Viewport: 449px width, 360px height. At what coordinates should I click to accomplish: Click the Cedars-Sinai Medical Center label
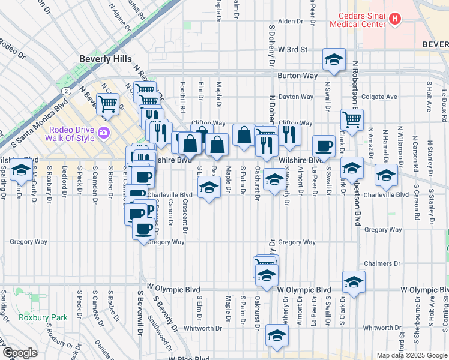357,20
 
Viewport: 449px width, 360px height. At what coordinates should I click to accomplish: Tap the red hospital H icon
395,19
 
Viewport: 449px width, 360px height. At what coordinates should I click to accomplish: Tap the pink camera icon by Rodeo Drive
104,132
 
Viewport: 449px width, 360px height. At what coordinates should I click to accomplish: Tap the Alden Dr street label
291,22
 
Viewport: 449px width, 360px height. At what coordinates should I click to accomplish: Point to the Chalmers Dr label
382,263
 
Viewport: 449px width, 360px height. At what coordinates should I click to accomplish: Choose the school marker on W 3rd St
334,59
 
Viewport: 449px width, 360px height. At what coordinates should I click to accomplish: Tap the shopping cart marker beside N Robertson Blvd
352,119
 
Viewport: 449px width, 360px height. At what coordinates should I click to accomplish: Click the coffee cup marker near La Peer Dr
324,146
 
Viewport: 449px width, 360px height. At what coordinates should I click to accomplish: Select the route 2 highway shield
64,91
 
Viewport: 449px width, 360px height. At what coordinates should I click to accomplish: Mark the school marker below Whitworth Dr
277,336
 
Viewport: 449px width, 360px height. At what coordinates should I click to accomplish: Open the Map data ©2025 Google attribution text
411,355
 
